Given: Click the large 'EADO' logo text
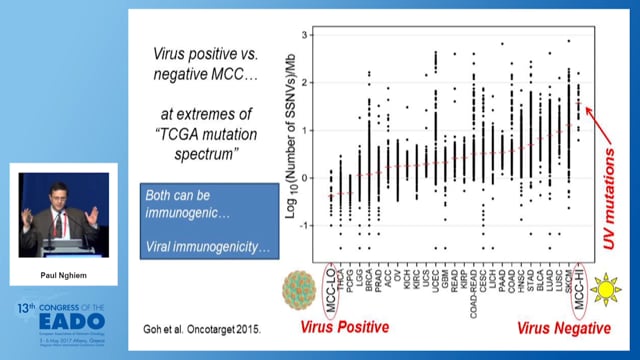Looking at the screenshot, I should click(64, 320).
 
